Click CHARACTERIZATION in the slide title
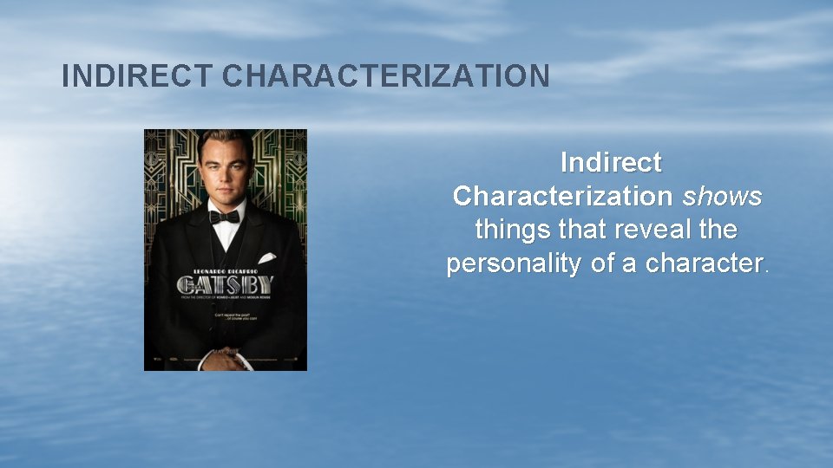point(386,76)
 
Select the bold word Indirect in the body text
point(611,162)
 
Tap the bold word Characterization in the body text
point(561,196)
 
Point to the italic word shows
point(722,196)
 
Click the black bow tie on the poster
point(224,216)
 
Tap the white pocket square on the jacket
point(266,257)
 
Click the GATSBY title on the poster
point(226,284)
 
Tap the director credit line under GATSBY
point(226,296)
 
